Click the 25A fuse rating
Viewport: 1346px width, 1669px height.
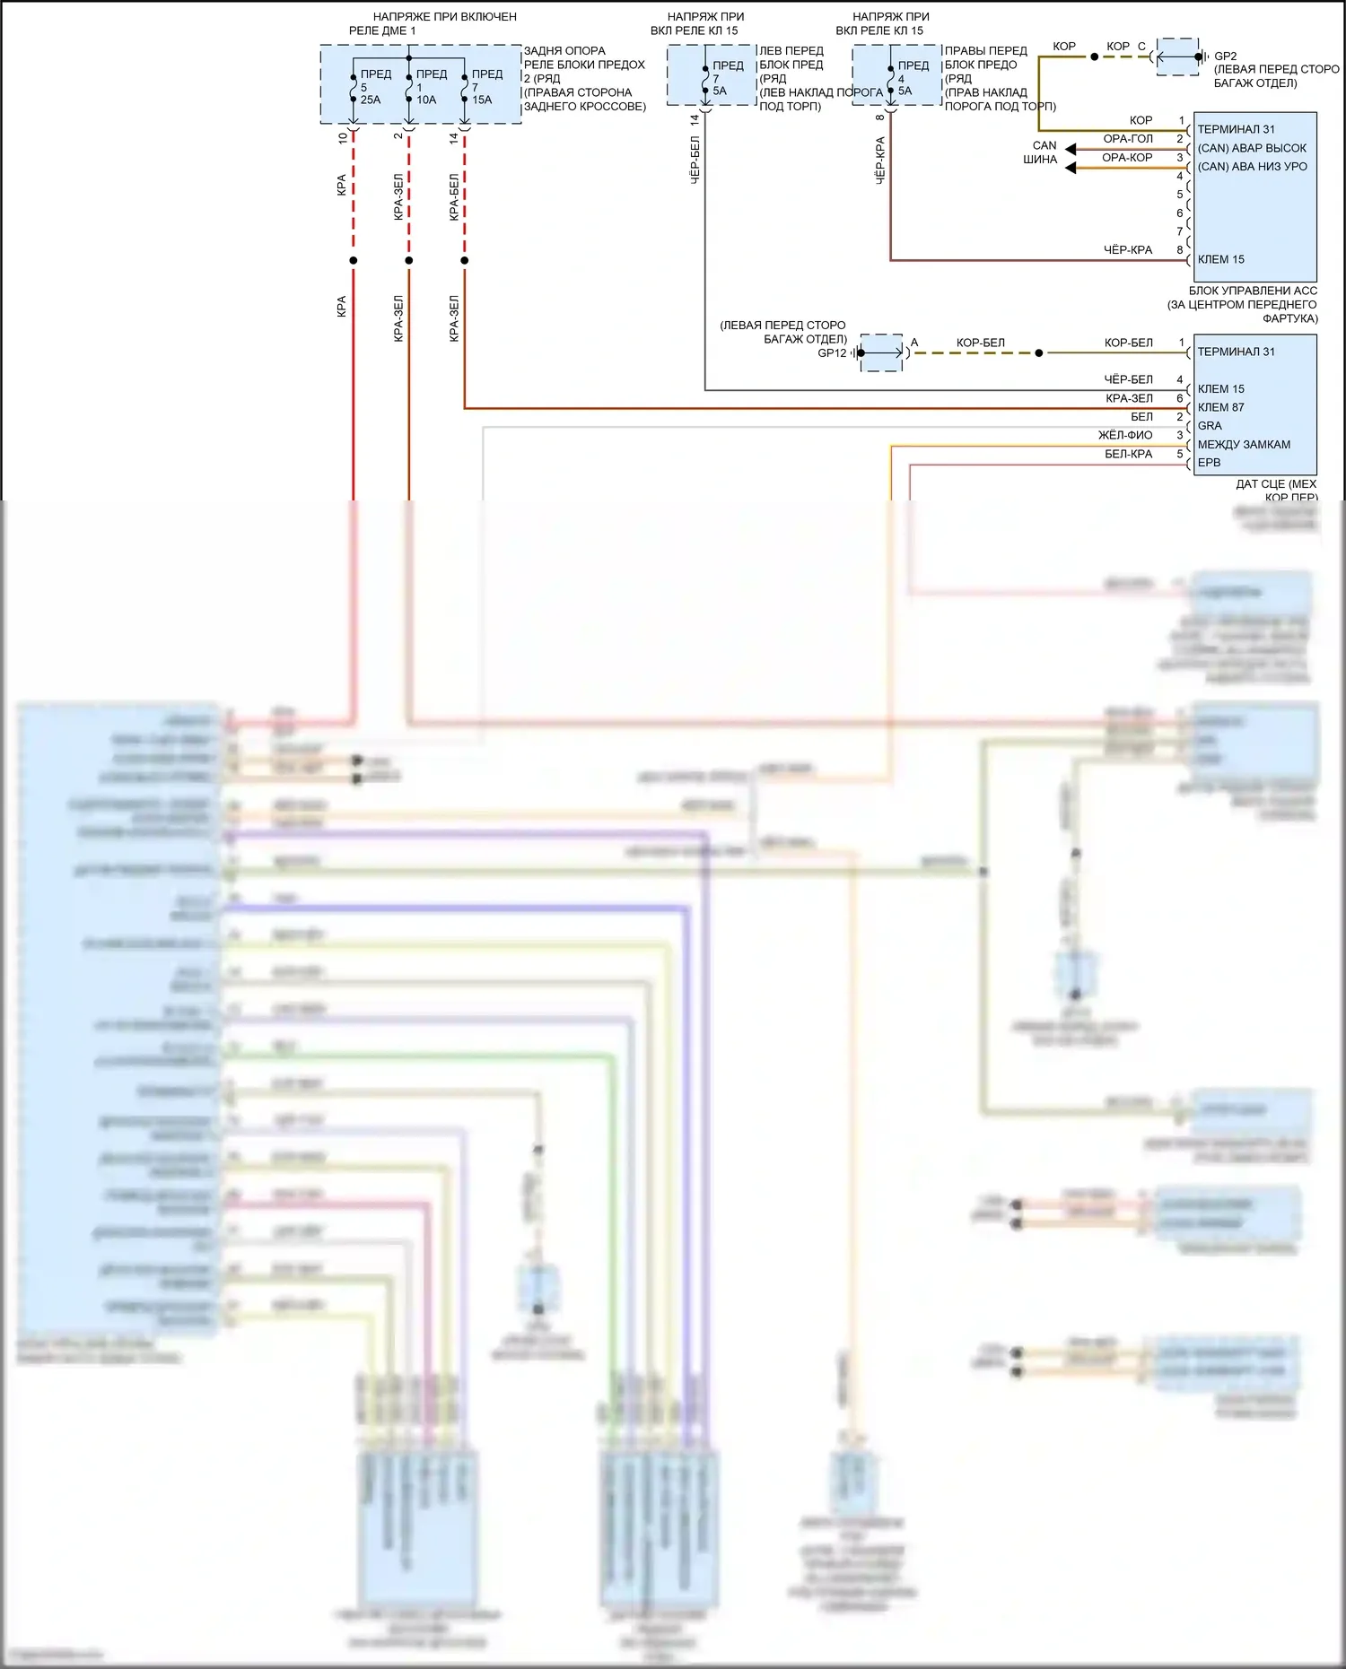click(x=371, y=100)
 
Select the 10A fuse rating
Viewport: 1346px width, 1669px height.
click(x=426, y=100)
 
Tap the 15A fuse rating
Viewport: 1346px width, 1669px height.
click(x=482, y=100)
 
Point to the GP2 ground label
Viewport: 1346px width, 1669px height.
click(x=1225, y=56)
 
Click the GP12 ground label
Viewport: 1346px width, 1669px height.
click(x=832, y=353)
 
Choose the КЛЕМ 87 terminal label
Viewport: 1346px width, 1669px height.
click(x=1220, y=407)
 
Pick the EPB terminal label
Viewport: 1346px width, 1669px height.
click(x=1209, y=463)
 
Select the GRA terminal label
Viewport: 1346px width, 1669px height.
click(x=1210, y=426)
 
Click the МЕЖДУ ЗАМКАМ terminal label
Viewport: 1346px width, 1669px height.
click(x=1244, y=444)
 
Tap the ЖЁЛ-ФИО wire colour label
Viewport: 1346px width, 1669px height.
click(x=1125, y=435)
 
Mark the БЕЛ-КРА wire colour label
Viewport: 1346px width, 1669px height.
click(x=1128, y=454)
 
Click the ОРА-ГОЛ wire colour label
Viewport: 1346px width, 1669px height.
click(x=1127, y=139)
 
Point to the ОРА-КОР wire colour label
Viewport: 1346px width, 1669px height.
click(x=1127, y=158)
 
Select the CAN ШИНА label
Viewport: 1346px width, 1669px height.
click(x=1041, y=152)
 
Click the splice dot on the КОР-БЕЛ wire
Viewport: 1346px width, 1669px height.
click(x=1039, y=353)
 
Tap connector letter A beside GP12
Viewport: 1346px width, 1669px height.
click(x=914, y=343)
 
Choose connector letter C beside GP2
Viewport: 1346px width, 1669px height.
click(x=1141, y=47)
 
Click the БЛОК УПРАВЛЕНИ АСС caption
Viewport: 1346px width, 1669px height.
click(x=1253, y=291)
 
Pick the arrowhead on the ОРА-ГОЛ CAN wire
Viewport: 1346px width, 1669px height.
click(x=1071, y=149)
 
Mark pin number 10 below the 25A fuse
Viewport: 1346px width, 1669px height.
click(x=343, y=138)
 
